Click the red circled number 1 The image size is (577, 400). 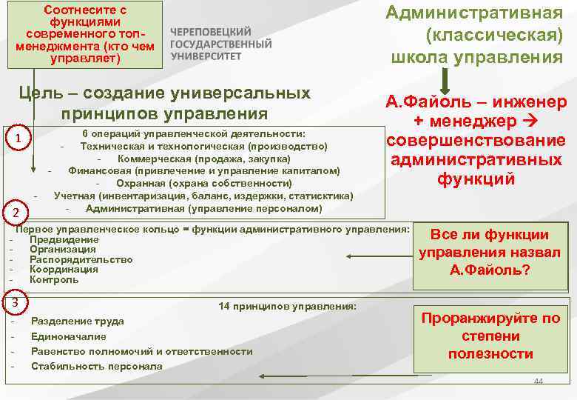pyautogui.click(x=16, y=141)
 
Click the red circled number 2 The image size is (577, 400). pyautogui.click(x=16, y=213)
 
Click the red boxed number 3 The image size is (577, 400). pyautogui.click(x=15, y=303)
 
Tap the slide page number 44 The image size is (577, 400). pyautogui.click(x=538, y=381)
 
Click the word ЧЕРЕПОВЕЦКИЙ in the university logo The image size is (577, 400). pyautogui.click(x=211, y=33)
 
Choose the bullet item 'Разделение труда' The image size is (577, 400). pyautogui.click(x=77, y=321)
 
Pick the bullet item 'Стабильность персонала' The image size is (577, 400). pyautogui.click(x=96, y=366)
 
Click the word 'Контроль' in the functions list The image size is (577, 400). pyautogui.click(x=53, y=280)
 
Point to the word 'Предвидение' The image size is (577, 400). pyautogui.click(x=64, y=239)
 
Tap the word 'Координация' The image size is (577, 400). pyautogui.click(x=64, y=270)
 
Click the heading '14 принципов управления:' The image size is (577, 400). pyautogui.click(x=288, y=306)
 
